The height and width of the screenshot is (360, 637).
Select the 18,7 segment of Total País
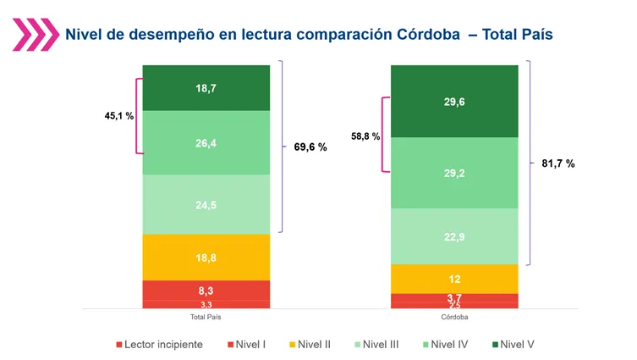tap(206, 87)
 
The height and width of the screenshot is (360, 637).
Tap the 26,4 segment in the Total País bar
tap(206, 143)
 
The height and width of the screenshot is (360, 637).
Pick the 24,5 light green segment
tap(206, 204)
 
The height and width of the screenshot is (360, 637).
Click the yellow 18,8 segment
tap(206, 257)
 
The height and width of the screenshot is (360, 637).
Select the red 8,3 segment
tap(206, 290)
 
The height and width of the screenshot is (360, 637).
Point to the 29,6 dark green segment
tap(454, 101)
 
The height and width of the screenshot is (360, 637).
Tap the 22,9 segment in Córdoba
tap(454, 236)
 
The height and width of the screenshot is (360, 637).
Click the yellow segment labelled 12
tap(454, 279)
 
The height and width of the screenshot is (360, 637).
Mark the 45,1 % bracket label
tap(113, 116)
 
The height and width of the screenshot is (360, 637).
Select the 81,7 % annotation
tap(558, 163)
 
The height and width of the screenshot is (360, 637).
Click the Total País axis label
tap(206, 317)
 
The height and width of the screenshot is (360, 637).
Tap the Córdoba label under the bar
tap(454, 317)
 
